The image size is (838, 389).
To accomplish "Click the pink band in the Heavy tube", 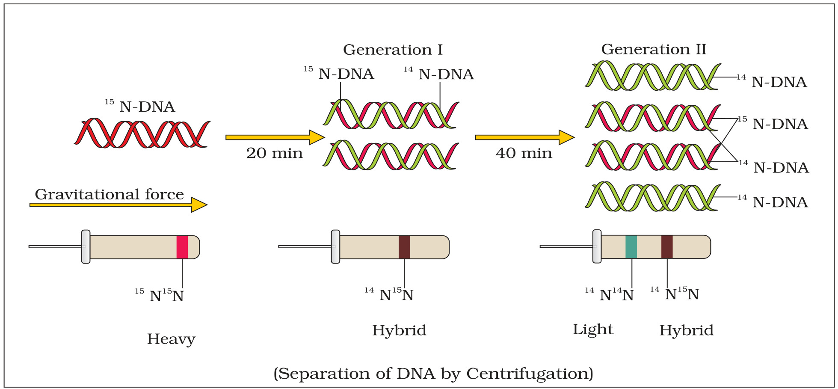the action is pos(182,247).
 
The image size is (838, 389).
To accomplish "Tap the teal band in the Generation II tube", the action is pos(631,247).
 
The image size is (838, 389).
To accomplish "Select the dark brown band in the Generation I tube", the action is pos(404,247).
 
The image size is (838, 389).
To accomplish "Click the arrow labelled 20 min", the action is pos(275,137).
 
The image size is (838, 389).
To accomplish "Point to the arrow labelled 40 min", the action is pos(525,137).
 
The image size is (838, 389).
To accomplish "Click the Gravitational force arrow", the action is pos(118,205).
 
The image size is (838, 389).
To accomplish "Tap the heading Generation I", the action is pos(393,50).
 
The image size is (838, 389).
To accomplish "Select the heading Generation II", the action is pos(654,49).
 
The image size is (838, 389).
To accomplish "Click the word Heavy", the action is pos(171,339).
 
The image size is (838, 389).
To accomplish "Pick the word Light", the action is pos(593,330).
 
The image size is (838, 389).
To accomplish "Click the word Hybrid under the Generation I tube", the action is pos(399,330).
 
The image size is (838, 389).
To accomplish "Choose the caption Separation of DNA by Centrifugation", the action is pos(433,374).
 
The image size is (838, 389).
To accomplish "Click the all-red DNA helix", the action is pos(142,133).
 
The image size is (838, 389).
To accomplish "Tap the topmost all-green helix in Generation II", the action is pos(653,75).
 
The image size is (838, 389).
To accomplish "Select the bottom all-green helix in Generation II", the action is pos(653,196).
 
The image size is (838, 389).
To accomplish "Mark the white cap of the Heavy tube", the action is pos(86,246).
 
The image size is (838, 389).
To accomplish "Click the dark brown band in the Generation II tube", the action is pos(667,247).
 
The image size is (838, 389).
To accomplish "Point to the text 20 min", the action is pos(274,153).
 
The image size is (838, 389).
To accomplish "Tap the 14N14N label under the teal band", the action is pos(609,294).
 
